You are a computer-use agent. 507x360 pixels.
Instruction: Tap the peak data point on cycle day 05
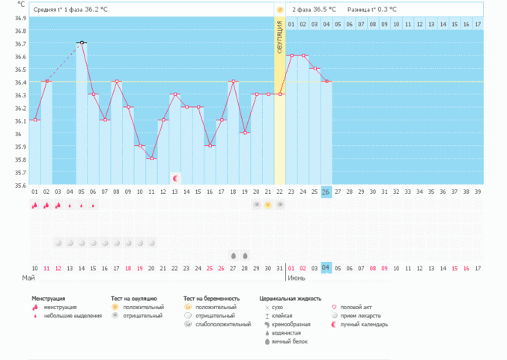point(82,43)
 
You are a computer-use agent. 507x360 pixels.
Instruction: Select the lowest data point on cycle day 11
point(152,158)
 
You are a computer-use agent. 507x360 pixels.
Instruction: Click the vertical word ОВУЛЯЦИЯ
point(280,37)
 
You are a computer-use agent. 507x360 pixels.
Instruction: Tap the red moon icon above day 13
point(175,178)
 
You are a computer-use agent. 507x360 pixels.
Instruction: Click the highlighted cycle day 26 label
point(327,192)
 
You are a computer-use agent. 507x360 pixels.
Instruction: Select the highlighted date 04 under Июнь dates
point(327,267)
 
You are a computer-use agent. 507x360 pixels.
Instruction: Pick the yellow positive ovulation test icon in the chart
point(268,204)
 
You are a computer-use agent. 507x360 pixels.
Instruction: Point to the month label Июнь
point(295,278)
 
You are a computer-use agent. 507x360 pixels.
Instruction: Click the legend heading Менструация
point(48,299)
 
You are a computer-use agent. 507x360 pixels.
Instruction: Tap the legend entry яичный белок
point(288,341)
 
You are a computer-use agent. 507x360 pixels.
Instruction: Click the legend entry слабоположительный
point(222,324)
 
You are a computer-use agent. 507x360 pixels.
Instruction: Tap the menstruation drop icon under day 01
point(34,205)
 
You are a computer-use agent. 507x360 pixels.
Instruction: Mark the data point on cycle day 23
point(291,55)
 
